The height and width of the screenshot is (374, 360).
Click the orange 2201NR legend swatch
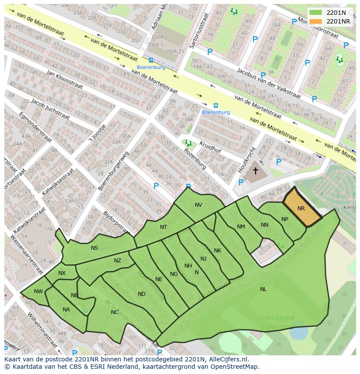(316, 21)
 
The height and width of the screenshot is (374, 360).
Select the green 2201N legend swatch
(316, 13)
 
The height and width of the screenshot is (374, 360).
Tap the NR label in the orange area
(301, 209)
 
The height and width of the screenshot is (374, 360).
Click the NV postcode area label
(198, 205)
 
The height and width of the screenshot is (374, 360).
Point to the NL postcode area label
(263, 289)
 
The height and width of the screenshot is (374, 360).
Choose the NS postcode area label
(94, 248)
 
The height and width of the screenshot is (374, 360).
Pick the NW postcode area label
(38, 291)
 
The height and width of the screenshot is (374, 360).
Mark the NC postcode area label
(114, 312)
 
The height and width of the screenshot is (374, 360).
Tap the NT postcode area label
(163, 227)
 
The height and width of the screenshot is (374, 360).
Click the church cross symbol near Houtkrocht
(255, 171)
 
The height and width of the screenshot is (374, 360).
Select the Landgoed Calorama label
(277, 321)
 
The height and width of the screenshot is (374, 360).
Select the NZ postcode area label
(117, 261)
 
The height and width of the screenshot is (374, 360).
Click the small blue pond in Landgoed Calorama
(299, 333)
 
